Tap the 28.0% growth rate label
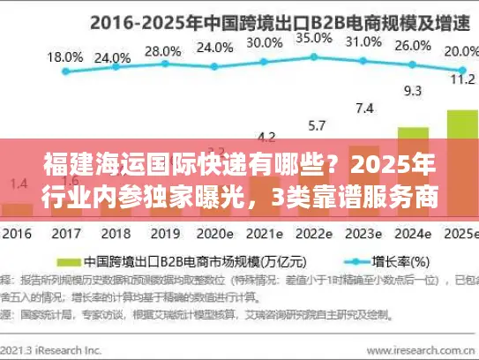coord(161,51)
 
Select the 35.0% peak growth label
coord(313,38)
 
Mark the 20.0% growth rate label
coord(457,52)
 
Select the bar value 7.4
coord(364,108)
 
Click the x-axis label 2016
coord(18,236)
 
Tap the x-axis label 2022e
coord(313,236)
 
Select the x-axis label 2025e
coord(458,236)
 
